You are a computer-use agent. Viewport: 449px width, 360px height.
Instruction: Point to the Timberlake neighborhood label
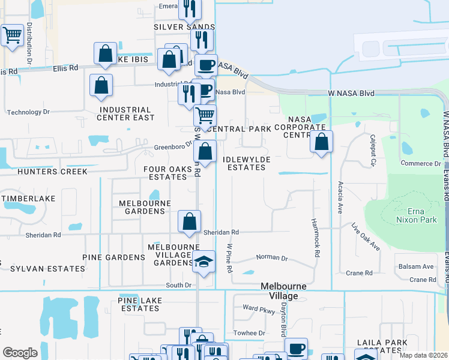click(x=29, y=199)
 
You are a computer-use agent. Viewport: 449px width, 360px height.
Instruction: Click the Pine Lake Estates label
click(x=139, y=304)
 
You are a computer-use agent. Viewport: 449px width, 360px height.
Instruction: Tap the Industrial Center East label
click(x=125, y=113)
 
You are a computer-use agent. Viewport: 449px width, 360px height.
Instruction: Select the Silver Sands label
click(x=184, y=27)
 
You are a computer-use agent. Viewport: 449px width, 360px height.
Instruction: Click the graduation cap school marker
click(x=205, y=261)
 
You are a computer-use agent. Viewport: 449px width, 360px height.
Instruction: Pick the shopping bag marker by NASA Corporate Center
click(x=321, y=142)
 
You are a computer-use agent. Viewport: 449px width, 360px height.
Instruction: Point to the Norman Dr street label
click(x=272, y=257)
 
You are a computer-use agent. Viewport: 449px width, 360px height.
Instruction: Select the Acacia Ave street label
click(x=340, y=197)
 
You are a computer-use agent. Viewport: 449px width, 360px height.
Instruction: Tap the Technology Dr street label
click(x=28, y=112)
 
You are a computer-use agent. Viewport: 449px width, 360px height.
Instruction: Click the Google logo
click(x=20, y=353)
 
